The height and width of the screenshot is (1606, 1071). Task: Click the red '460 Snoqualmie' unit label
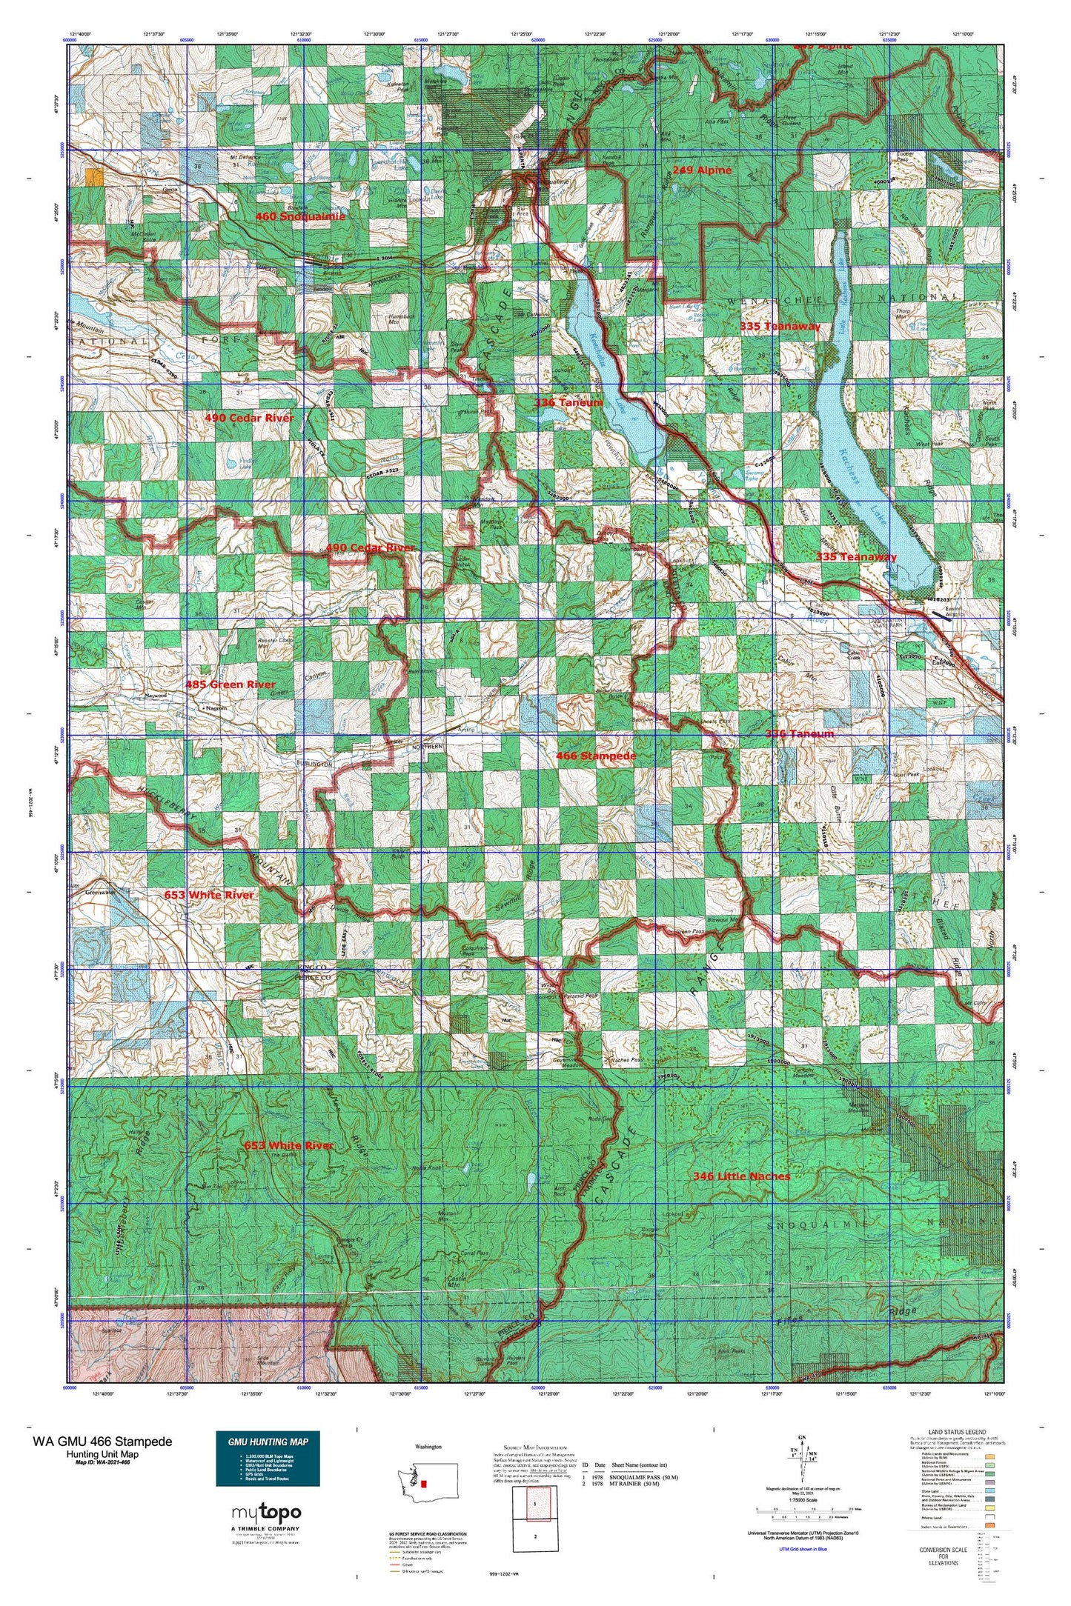[x=300, y=216]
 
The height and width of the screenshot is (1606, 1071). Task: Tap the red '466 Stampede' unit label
[x=596, y=756]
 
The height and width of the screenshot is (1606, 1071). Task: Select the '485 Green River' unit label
[x=231, y=684]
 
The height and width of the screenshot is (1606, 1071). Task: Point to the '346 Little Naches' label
[x=741, y=1176]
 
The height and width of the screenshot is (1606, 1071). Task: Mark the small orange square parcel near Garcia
[x=94, y=176]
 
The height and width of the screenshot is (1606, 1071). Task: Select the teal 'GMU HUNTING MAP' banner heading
[x=268, y=1441]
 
